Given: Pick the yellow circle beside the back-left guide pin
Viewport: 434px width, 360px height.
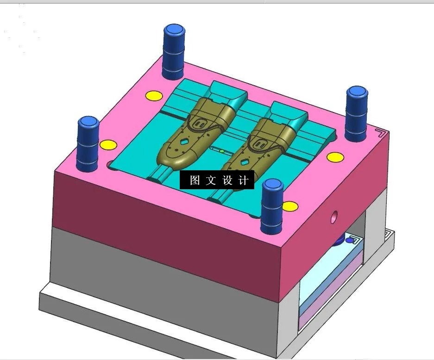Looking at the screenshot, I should [x=154, y=96].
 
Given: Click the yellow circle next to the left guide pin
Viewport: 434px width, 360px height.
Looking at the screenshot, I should [x=108, y=144].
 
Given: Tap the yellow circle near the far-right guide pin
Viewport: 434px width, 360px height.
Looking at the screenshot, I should [x=335, y=157].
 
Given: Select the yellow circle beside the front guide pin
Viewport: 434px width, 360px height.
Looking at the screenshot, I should [x=289, y=206].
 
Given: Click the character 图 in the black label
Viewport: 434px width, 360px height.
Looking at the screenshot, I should [x=195, y=180].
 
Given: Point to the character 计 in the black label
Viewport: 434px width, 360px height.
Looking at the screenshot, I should [x=243, y=180].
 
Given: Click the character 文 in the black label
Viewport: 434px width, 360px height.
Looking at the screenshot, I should [x=211, y=180].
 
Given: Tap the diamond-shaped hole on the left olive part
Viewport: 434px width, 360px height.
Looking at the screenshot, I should [x=184, y=142].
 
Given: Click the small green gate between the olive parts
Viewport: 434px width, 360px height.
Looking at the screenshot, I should [x=222, y=151].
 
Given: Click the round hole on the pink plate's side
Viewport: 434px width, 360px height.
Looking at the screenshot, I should [x=334, y=216].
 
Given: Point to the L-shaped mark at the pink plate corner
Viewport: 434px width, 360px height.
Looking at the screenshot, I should [x=381, y=133].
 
